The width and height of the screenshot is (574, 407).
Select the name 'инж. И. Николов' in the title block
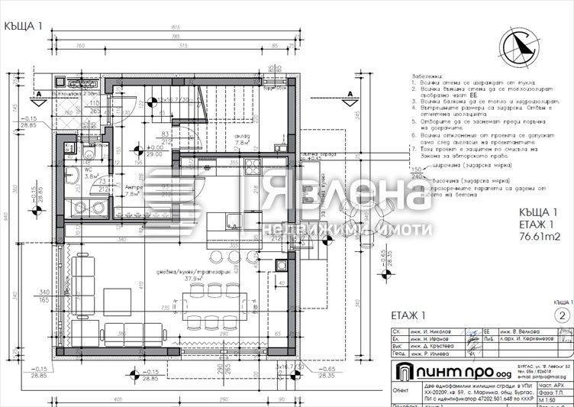(431, 332)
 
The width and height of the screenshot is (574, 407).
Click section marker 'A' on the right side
(349, 94)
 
